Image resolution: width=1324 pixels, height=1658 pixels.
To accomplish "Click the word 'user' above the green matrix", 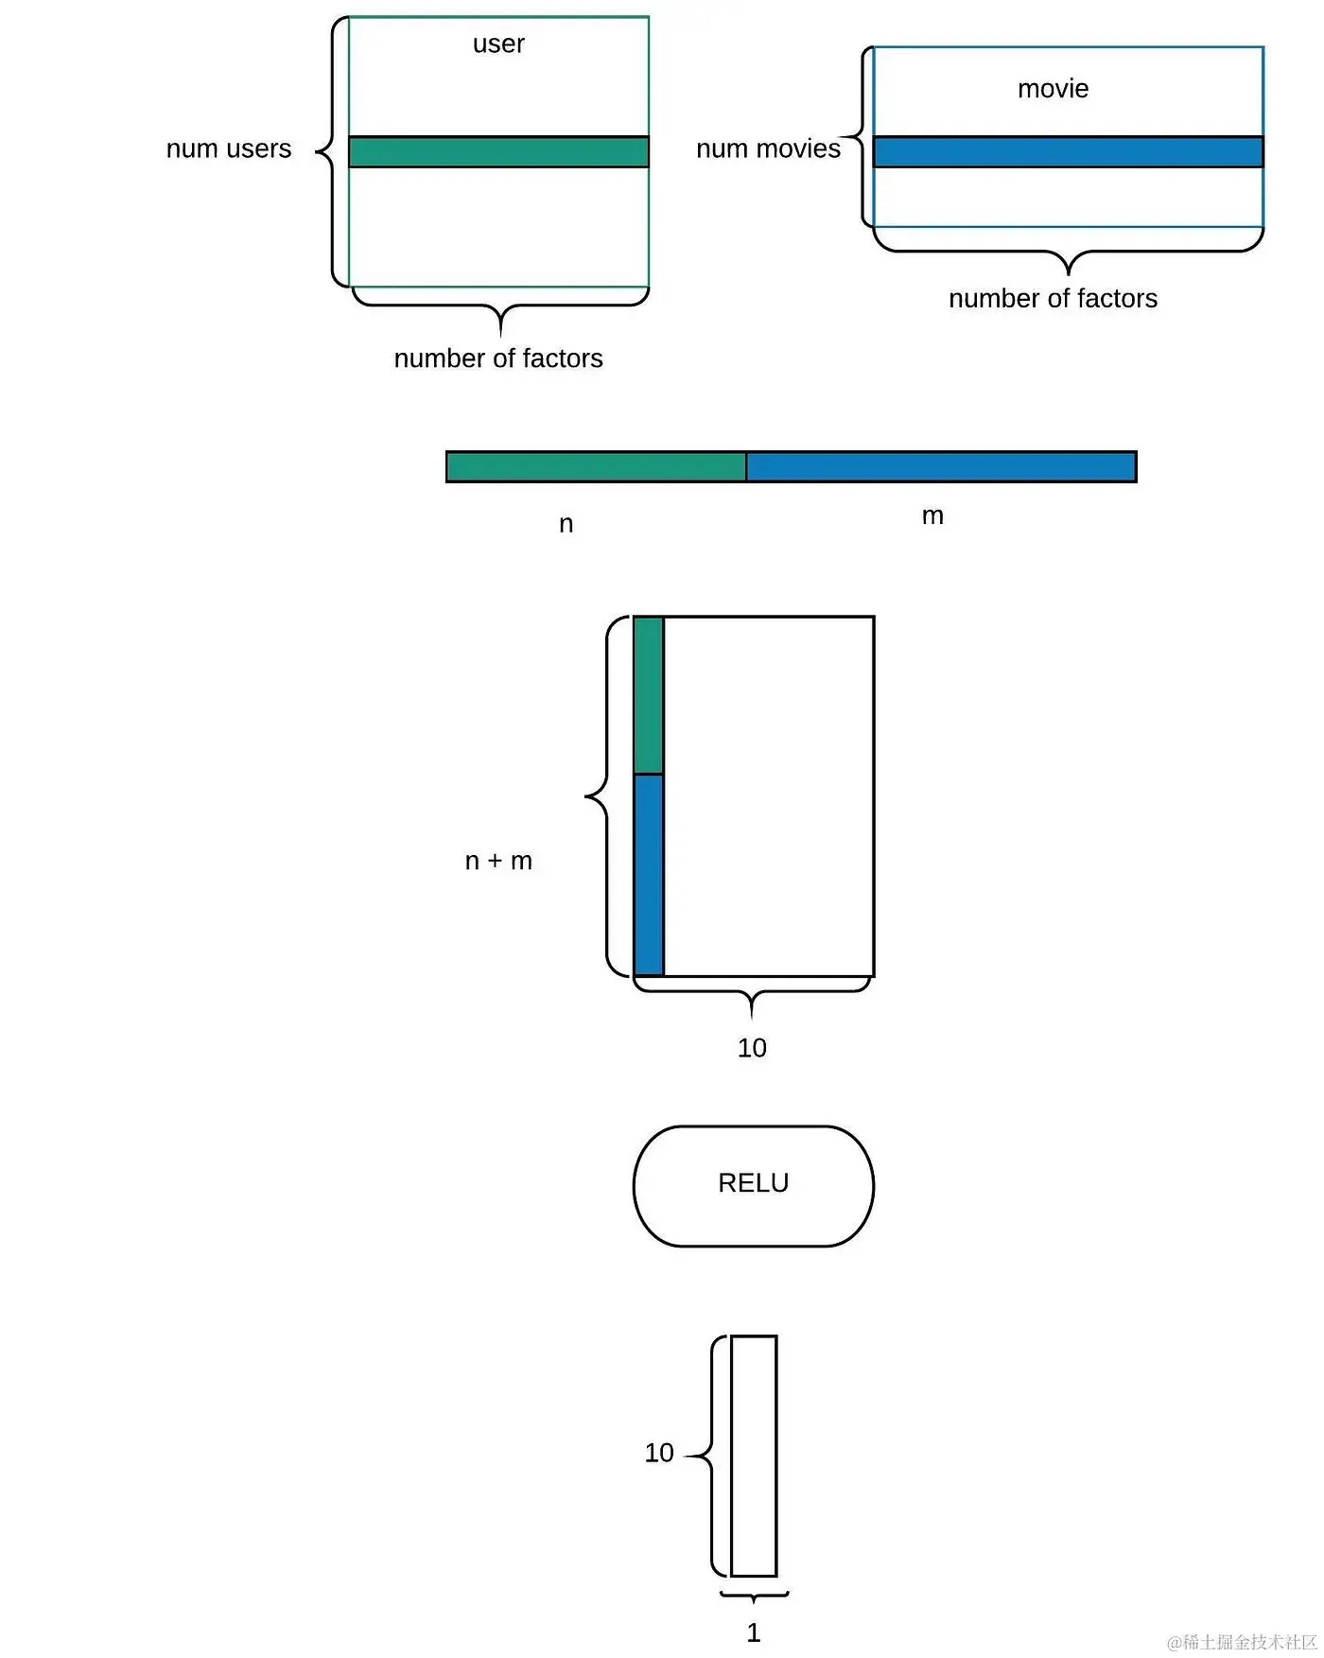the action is [x=498, y=44].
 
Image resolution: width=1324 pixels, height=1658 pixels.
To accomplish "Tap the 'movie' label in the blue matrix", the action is [x=1053, y=89].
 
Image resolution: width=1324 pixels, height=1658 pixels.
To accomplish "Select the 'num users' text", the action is [x=229, y=149].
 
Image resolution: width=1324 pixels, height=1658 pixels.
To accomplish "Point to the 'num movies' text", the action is [x=768, y=149].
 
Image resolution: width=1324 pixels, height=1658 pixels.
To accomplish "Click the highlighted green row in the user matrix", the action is [x=498, y=152].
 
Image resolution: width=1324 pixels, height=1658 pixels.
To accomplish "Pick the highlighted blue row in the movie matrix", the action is [x=1068, y=152].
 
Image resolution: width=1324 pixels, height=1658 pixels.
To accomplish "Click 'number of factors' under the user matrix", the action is [x=498, y=358].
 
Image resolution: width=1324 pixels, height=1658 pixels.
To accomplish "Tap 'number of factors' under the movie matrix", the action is [x=1053, y=299].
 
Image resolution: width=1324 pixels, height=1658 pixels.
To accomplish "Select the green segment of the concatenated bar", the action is [x=596, y=467].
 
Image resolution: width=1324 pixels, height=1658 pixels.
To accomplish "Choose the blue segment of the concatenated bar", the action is [x=941, y=467].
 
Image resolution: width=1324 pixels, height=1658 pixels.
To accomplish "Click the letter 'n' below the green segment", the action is [x=566, y=524].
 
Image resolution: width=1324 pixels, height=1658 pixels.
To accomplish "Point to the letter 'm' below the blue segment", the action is [x=932, y=515].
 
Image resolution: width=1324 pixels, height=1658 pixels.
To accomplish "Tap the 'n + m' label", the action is [x=498, y=861].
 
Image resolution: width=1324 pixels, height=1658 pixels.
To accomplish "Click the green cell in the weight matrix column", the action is [x=648, y=695].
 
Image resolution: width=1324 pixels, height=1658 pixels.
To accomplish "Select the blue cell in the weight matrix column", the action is [x=648, y=875].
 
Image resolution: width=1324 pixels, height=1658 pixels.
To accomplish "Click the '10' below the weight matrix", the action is [x=752, y=1048].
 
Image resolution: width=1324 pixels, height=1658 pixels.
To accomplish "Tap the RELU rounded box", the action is [x=753, y=1186].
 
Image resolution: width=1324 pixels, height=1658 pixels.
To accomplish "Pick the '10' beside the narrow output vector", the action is [x=659, y=1453].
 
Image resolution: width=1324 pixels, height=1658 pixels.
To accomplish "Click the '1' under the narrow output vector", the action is [x=754, y=1632].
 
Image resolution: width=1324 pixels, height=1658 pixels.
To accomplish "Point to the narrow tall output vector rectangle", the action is [x=754, y=1456].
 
